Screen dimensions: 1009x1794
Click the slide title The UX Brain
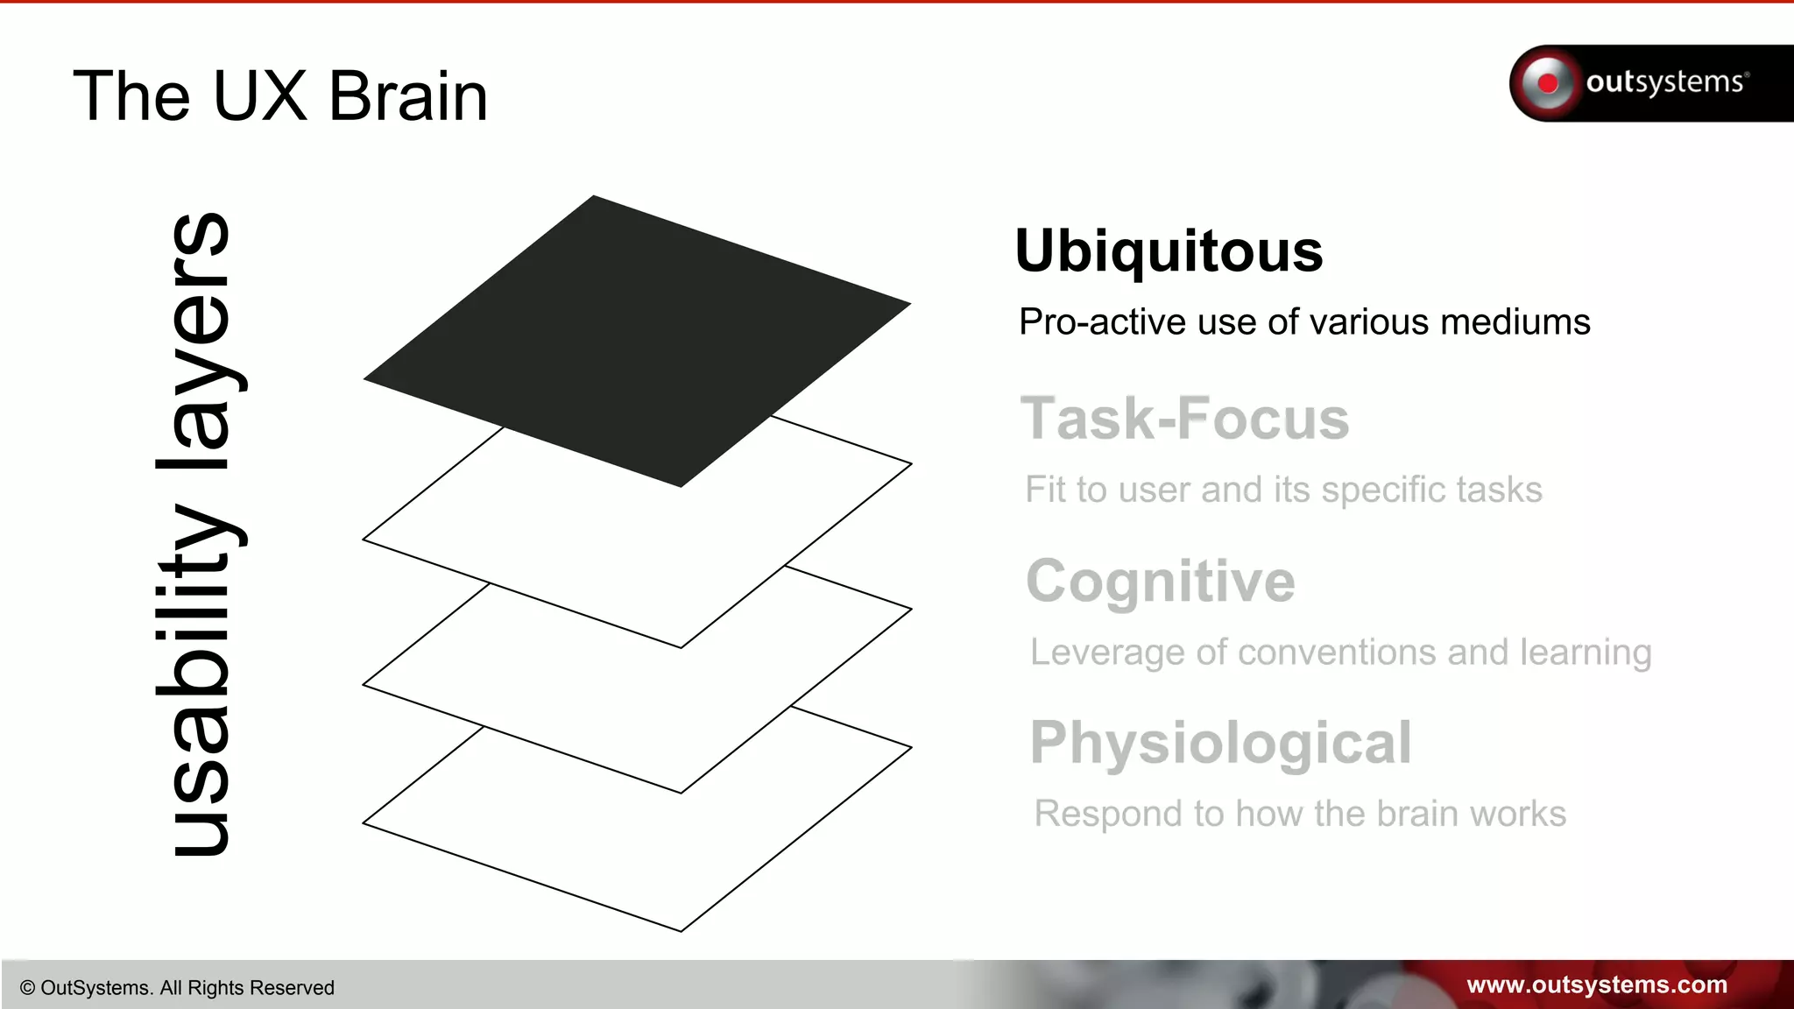pos(280,96)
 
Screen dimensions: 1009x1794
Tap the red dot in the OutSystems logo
pos(1548,83)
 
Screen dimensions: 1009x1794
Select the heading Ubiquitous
pos(1169,251)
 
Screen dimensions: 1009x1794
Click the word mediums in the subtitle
pos(1515,322)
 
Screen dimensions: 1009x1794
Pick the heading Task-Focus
pos(1184,419)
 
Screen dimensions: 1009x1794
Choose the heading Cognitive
pos(1161,582)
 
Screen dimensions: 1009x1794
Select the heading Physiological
pos(1221,744)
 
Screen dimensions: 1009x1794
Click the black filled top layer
pos(638,342)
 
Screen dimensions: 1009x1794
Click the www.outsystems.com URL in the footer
pos(1597,985)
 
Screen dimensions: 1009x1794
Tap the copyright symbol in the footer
pos(27,988)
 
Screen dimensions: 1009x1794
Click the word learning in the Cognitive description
pos(1586,653)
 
